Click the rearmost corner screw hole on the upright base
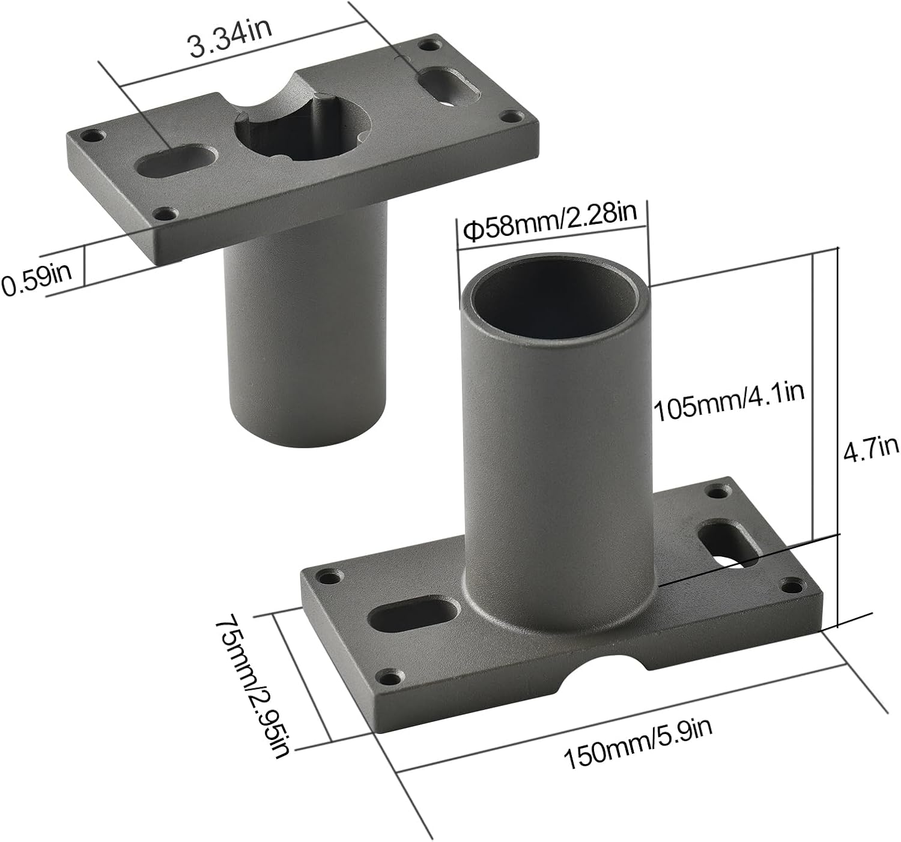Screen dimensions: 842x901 pos(716,493)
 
